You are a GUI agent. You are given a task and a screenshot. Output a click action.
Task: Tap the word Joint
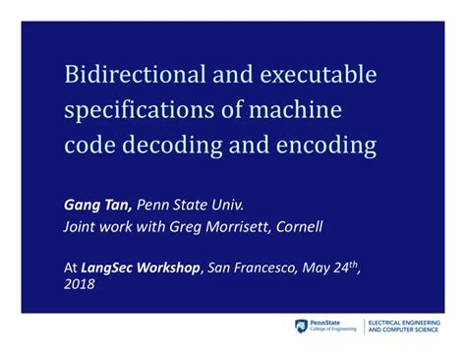82,227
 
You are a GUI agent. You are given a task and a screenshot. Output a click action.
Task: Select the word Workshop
177,266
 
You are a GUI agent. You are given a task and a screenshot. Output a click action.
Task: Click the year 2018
81,285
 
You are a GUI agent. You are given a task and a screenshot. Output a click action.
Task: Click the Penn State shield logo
300,326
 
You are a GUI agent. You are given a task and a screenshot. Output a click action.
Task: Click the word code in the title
93,147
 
